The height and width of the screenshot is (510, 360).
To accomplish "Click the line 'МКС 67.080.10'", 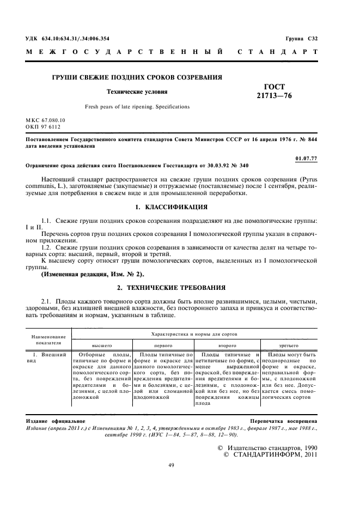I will [45, 119].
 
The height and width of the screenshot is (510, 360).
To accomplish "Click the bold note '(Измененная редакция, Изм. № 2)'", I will [93, 274].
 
